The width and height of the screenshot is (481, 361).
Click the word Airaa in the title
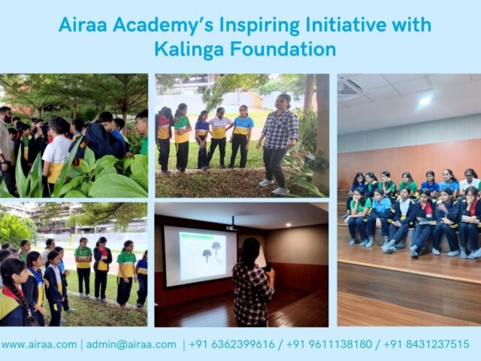click(x=83, y=25)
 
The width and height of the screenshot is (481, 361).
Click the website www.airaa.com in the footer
click(x=38, y=344)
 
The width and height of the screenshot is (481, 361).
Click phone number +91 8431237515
click(x=426, y=344)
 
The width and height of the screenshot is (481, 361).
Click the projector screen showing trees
click(x=200, y=256)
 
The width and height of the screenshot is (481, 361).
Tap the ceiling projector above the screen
click(x=232, y=225)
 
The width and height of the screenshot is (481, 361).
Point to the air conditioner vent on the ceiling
click(x=349, y=89)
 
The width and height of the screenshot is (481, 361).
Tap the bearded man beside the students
click(x=6, y=143)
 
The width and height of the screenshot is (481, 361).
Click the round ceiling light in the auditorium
click(x=425, y=100)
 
